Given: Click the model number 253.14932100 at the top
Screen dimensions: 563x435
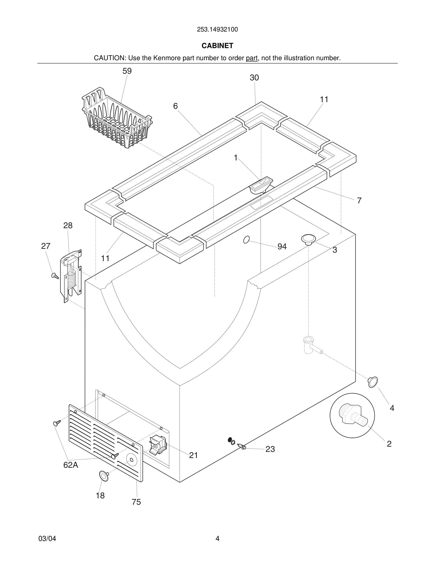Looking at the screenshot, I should click(217, 30).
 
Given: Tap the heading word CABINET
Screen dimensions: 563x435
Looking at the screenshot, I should click(217, 46).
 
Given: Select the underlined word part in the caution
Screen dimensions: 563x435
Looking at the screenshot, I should click(252, 58).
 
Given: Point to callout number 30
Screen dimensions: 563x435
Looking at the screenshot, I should click(254, 77).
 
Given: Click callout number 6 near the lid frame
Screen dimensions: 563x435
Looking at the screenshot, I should click(175, 106).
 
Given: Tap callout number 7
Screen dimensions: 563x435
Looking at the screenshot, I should click(359, 200).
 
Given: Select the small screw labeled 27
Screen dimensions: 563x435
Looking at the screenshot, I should click(55, 276).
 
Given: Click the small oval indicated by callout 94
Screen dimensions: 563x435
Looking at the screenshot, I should click(246, 240).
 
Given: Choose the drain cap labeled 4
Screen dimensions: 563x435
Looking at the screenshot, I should click(373, 382).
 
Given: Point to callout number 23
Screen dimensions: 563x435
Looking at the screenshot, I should click(270, 449).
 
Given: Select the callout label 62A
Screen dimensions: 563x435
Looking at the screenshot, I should click(71, 465).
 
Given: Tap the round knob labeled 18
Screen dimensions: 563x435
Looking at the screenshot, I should click(104, 476).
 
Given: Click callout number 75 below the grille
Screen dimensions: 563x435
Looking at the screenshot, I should click(136, 502).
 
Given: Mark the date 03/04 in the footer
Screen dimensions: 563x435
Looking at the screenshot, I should click(47, 539).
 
